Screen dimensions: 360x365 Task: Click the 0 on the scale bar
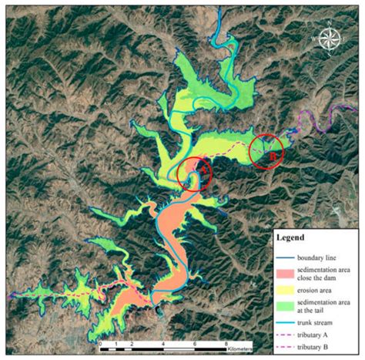tap(101, 343)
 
